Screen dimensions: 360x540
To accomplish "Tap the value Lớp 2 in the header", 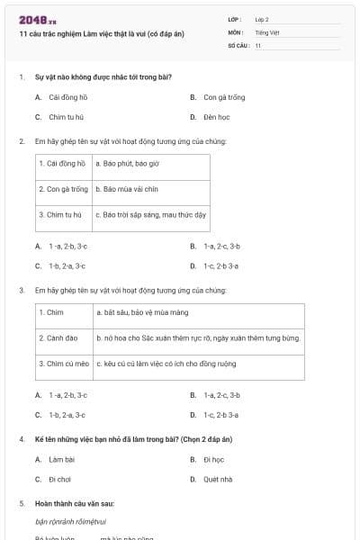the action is coord(262,19).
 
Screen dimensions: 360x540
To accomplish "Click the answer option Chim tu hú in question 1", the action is coord(65,116).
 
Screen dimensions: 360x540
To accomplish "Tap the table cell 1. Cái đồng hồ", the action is coord(63,166).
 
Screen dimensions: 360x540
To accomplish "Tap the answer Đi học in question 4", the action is coord(213,459).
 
